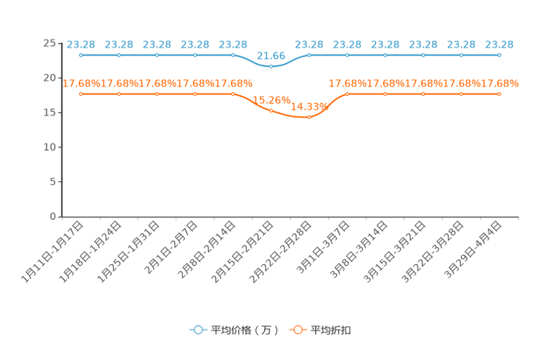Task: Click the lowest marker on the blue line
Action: point(271,66)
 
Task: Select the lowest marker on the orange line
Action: point(308,117)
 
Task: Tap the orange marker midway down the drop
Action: point(271,110)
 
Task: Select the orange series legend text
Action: point(332,330)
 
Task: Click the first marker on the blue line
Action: point(81,54)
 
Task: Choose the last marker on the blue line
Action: point(499,54)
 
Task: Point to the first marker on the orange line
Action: point(81,94)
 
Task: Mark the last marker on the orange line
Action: point(499,94)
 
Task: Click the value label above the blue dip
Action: point(271,55)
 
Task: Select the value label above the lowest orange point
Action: point(305,107)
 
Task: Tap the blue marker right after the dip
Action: point(309,54)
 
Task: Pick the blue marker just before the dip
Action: point(233,54)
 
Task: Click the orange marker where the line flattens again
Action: point(347,94)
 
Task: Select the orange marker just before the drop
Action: point(233,94)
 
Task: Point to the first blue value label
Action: point(81,44)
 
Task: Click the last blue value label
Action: point(499,44)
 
